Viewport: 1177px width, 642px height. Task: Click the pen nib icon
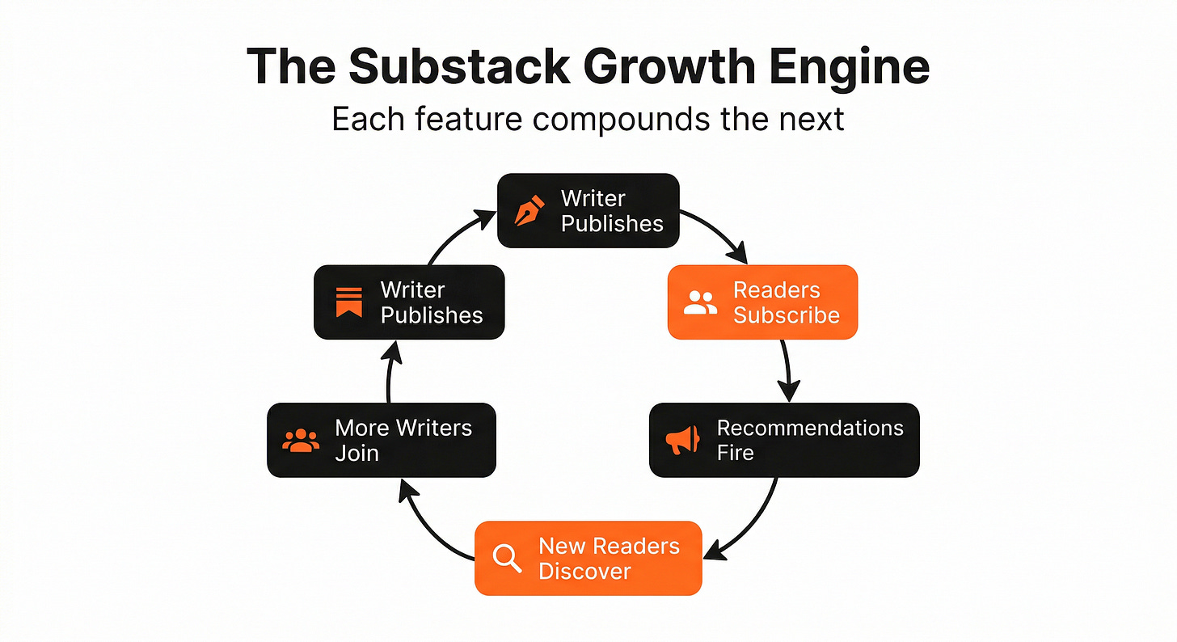529,211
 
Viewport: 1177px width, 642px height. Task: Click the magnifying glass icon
507,559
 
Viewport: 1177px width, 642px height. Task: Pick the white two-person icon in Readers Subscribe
700,302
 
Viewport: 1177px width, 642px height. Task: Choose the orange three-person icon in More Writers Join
301,440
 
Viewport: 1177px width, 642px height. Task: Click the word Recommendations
810,428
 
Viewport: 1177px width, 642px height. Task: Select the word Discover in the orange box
584,572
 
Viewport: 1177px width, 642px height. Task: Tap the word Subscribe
786,315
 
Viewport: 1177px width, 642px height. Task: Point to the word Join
356,453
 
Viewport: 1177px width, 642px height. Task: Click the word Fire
735,453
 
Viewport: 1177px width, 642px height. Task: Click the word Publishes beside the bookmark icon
432,315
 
